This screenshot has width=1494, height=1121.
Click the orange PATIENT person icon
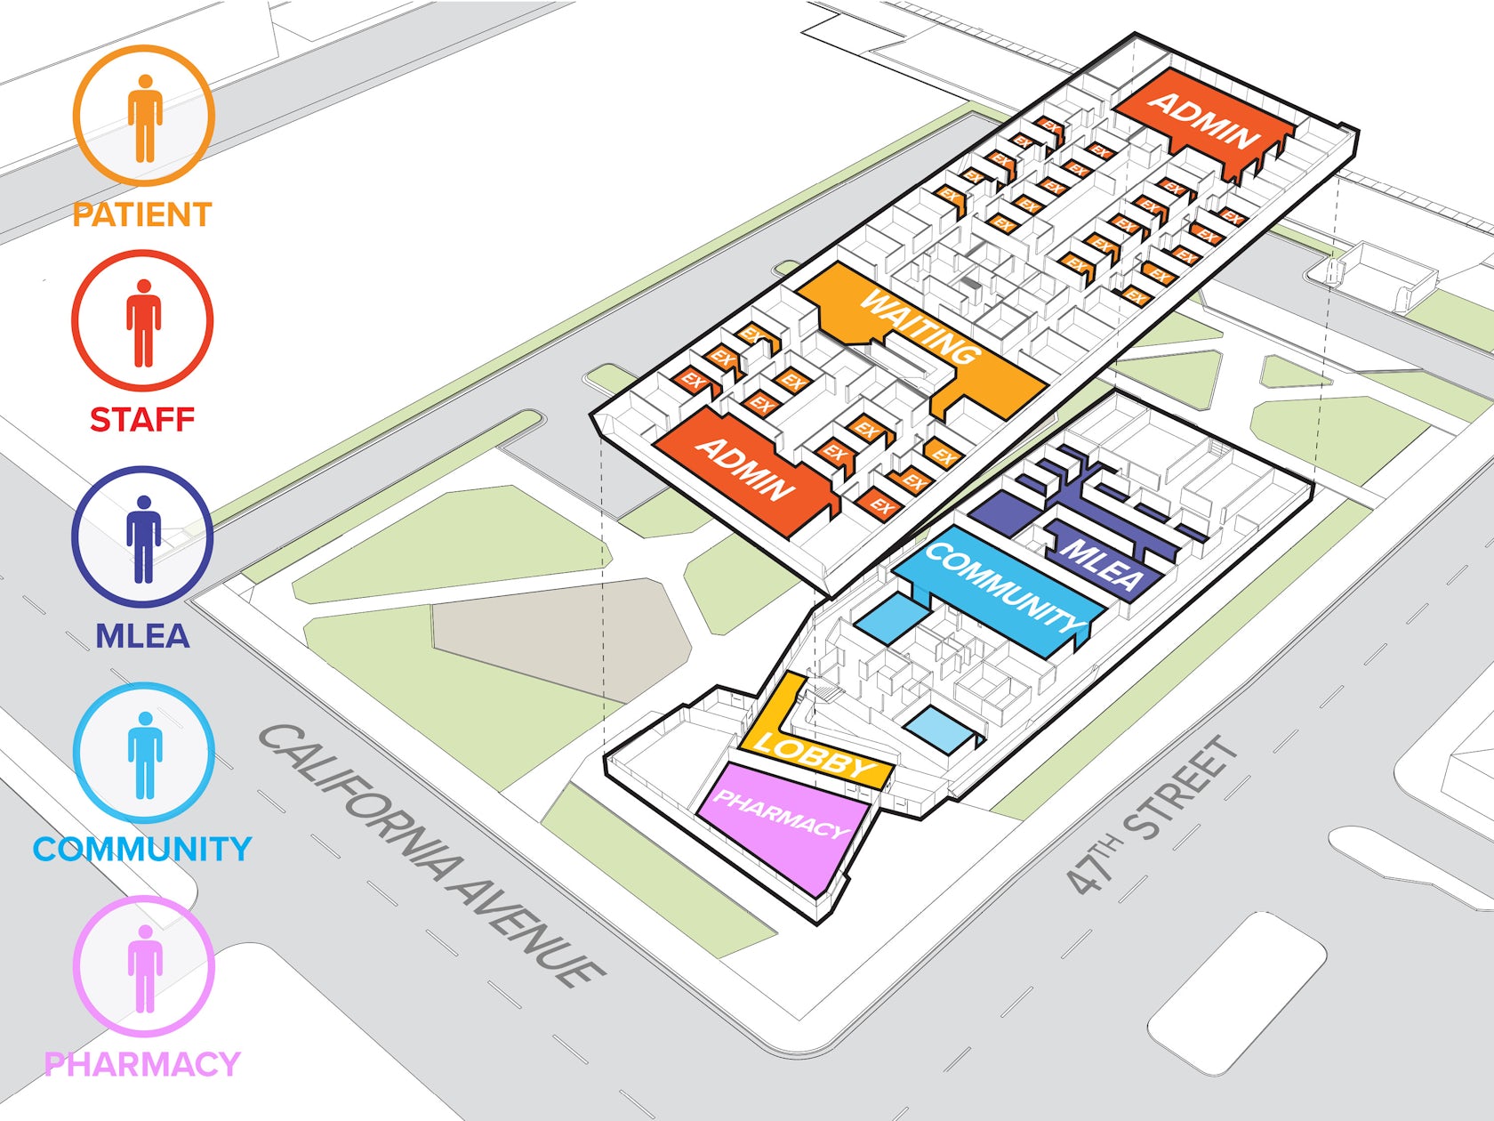[144, 117]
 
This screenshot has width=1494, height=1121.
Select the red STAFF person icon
[142, 321]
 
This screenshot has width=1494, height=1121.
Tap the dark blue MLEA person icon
[142, 537]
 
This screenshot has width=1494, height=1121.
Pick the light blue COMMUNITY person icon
[144, 754]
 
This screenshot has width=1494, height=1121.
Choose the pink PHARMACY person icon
[144, 967]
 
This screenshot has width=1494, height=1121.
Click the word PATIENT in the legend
[142, 215]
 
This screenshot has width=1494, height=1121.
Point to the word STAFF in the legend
[142, 420]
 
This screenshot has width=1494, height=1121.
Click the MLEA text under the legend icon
[142, 636]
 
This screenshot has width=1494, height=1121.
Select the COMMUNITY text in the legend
[142, 849]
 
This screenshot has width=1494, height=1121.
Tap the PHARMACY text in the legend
[142, 1064]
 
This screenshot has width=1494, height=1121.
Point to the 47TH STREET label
[1152, 814]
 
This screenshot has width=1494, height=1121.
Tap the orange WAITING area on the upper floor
[920, 329]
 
